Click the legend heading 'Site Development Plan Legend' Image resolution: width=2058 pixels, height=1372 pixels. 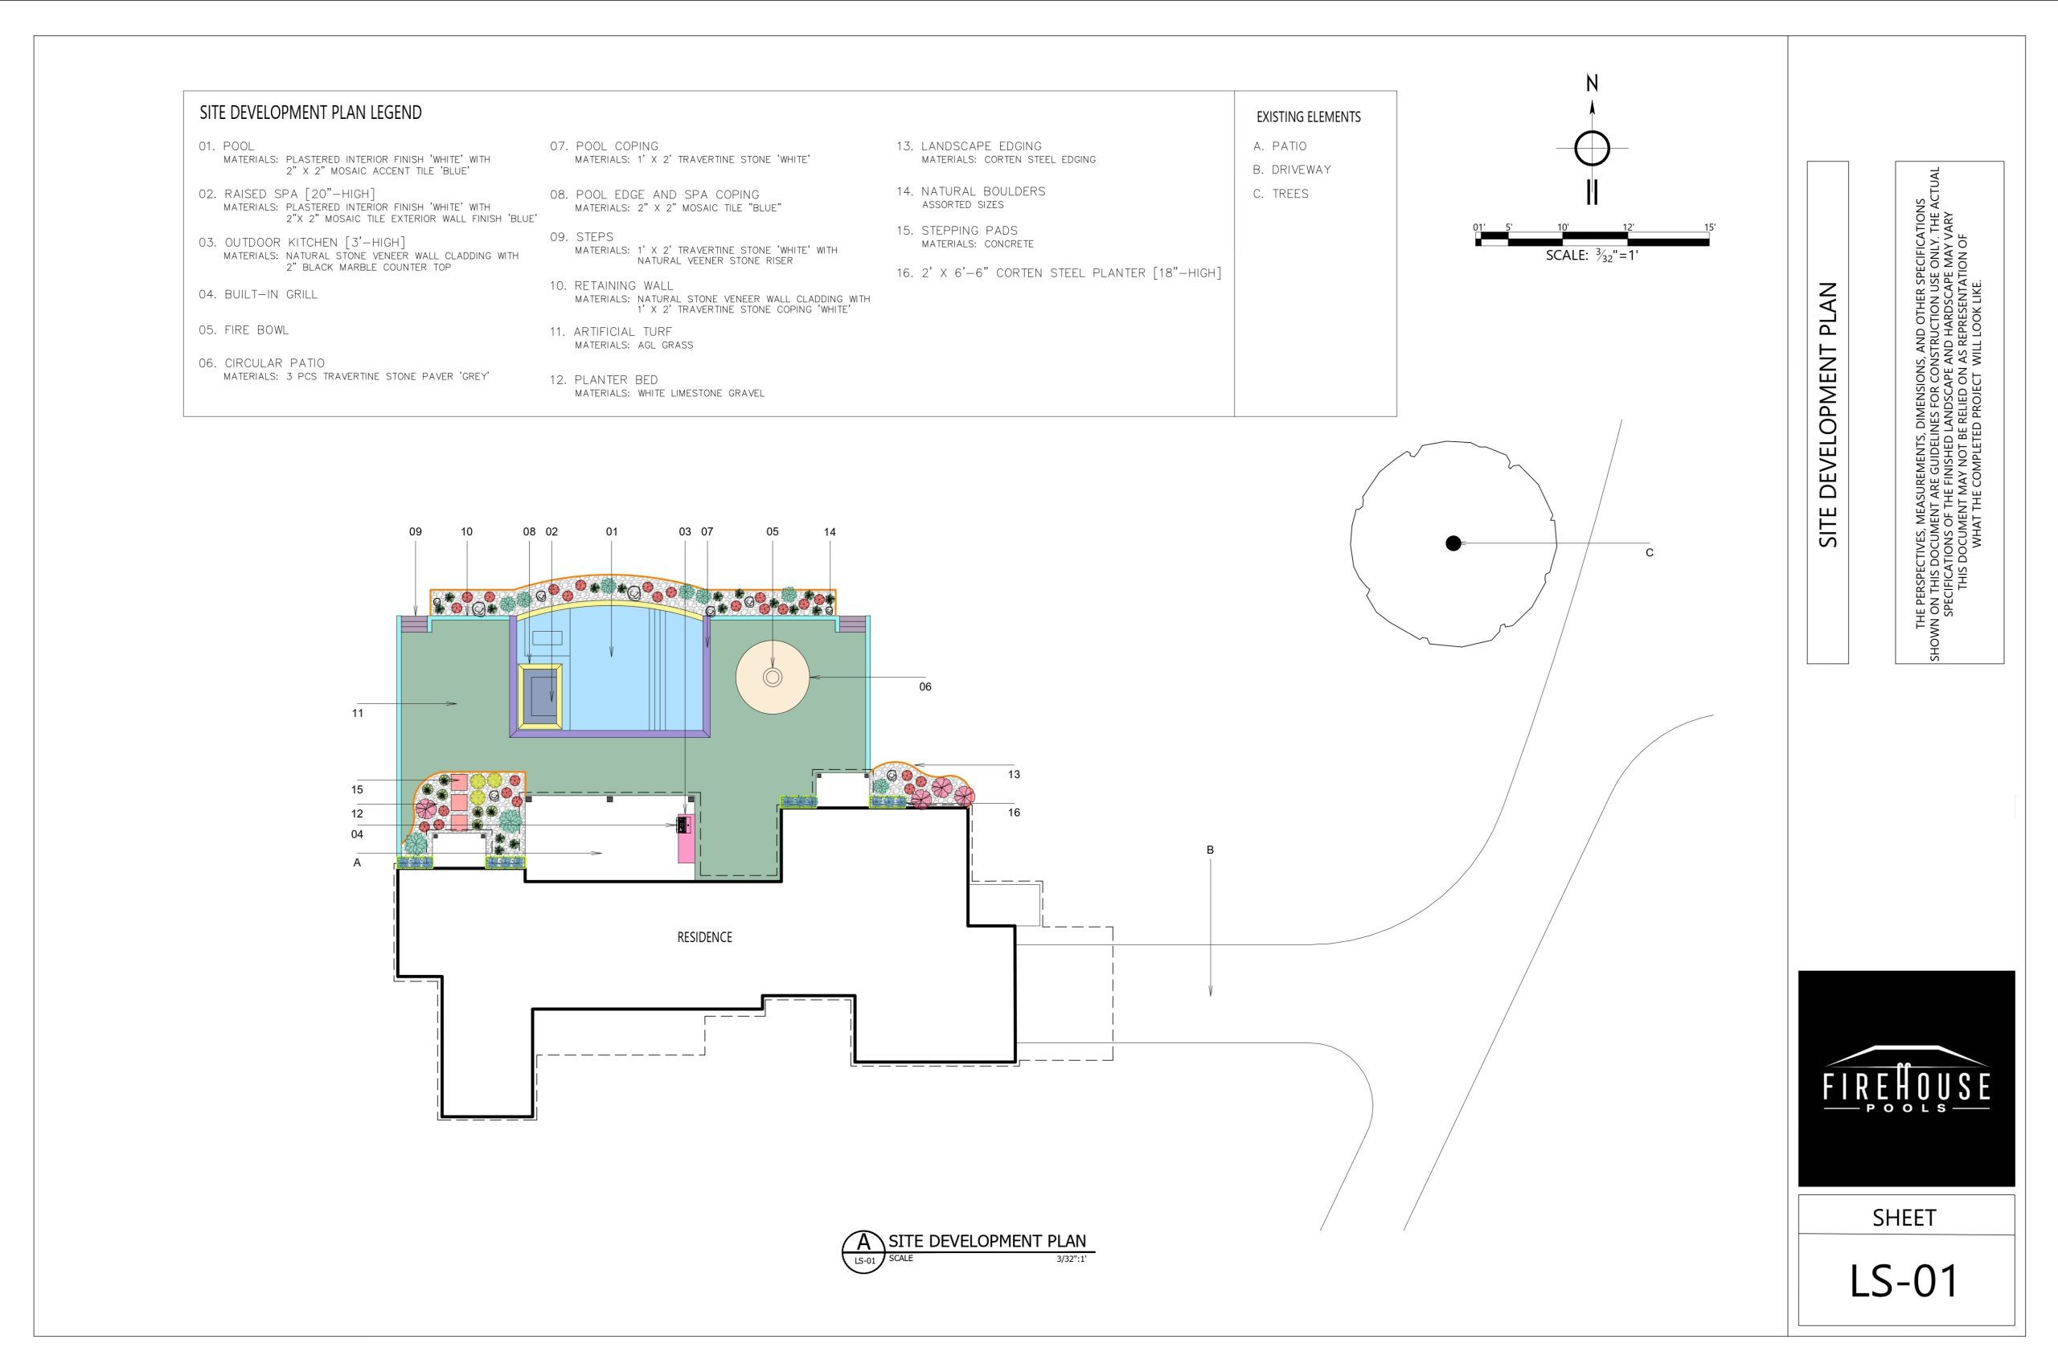click(310, 113)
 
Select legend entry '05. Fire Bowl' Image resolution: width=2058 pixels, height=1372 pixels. click(244, 330)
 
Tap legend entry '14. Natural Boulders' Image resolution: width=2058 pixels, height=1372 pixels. click(970, 190)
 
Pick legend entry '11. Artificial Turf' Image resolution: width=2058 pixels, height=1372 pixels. click(611, 332)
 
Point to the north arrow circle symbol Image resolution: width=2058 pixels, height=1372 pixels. click(1592, 148)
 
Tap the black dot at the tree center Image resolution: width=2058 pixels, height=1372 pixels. click(1453, 543)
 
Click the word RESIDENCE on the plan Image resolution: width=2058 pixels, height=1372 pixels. click(704, 937)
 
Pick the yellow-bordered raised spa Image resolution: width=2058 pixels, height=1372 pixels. click(540, 697)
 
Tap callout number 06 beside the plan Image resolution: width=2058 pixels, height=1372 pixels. click(924, 687)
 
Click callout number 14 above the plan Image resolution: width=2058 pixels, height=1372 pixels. click(830, 532)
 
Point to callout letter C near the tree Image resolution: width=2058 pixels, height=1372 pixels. click(1650, 553)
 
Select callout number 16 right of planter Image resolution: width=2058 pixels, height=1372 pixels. click(1013, 813)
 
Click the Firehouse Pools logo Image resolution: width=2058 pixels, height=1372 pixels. click(1906, 1078)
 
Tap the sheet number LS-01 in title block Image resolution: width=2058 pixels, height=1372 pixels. click(1904, 1281)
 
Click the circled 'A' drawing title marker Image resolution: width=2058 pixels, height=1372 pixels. click(863, 1251)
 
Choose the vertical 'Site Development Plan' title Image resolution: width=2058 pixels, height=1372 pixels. click(1828, 415)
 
